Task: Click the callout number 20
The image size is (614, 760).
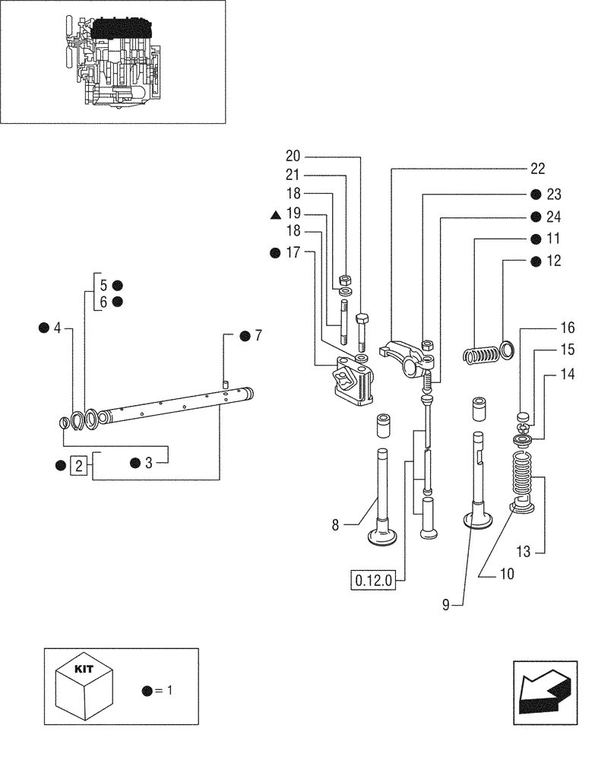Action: [293, 157]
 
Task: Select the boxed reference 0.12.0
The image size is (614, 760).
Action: [373, 581]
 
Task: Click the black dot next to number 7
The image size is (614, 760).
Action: [245, 336]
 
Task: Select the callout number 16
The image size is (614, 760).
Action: [568, 328]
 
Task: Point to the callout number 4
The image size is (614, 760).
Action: [56, 328]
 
